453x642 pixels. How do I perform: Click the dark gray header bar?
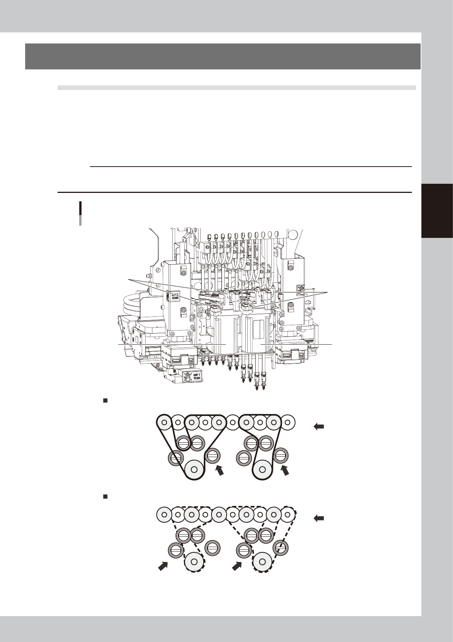[222, 56]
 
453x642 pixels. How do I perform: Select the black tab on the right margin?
[437, 211]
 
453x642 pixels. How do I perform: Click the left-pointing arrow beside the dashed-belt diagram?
[319, 518]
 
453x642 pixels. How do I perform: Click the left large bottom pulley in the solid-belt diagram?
[194, 469]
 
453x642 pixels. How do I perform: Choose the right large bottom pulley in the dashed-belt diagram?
[263, 561]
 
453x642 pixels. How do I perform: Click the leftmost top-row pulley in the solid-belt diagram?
[164, 422]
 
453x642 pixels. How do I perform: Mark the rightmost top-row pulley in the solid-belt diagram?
[288, 422]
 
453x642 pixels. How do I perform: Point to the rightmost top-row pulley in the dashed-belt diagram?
[288, 514]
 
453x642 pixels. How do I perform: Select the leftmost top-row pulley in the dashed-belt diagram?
[164, 514]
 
